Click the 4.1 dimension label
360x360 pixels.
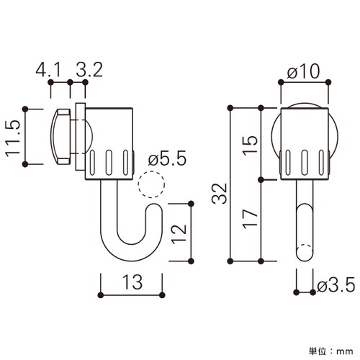(x=48, y=70)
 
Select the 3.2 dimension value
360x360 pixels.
(x=89, y=70)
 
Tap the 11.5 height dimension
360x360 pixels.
(x=12, y=138)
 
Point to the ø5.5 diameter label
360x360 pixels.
(x=167, y=158)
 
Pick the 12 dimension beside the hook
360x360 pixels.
(x=179, y=233)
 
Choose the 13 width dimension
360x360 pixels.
(x=132, y=282)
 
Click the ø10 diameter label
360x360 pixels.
(x=303, y=71)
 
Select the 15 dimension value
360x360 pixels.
(x=250, y=145)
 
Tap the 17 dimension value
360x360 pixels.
(x=250, y=219)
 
